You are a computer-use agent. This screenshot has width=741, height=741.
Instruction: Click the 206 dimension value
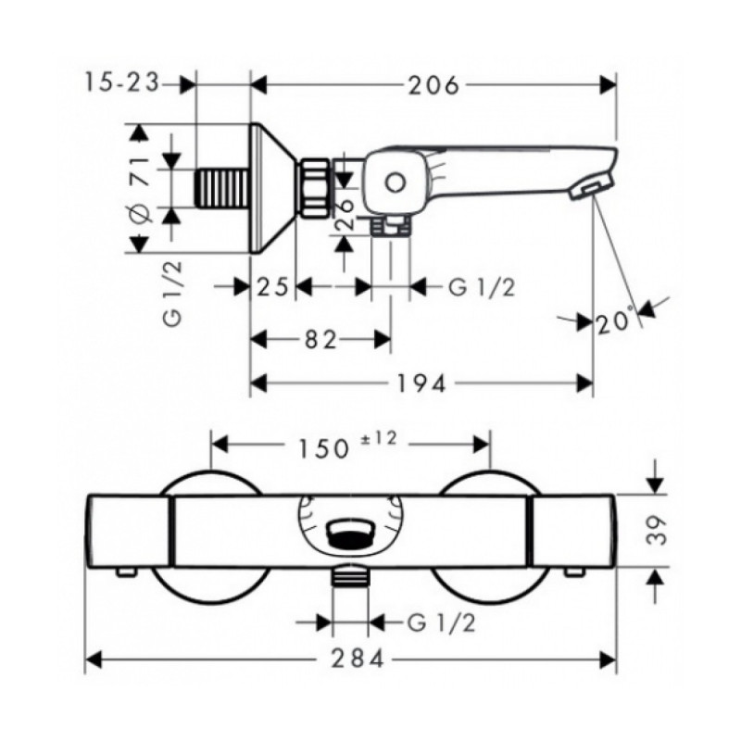point(433,85)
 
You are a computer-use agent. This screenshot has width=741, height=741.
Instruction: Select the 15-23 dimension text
point(122,83)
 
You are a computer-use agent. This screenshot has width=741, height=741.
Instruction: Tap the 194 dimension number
point(421,383)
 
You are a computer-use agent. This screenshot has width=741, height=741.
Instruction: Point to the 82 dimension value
point(320,339)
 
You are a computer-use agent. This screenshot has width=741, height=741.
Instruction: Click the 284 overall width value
point(358,659)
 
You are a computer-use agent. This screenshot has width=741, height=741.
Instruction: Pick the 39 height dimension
point(657,530)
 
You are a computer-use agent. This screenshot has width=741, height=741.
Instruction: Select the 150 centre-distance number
point(323,447)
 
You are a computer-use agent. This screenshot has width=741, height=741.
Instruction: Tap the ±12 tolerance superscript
point(379,438)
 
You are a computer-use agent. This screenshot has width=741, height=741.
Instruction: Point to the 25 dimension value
point(272,286)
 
